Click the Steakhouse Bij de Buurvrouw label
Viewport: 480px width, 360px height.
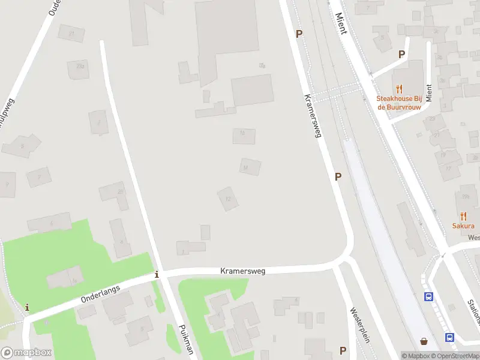(x=399, y=103)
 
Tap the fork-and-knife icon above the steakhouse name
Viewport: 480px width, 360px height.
(x=400, y=89)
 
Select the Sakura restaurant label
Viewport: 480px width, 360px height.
(x=463, y=226)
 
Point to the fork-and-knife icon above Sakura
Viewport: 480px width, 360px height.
(x=463, y=215)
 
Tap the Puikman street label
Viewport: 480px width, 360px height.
(x=187, y=340)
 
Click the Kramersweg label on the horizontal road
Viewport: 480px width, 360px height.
(x=242, y=271)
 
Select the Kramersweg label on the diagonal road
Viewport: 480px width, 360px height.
(x=313, y=116)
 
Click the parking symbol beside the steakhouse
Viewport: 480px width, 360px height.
(x=402, y=54)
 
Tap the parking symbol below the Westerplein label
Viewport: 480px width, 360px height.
(x=343, y=350)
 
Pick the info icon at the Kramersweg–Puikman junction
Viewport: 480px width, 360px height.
(x=157, y=275)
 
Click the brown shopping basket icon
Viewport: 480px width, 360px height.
(x=424, y=341)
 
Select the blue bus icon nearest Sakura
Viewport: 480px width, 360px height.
(x=429, y=296)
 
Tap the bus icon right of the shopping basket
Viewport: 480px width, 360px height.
(x=449, y=337)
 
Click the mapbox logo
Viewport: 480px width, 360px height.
(x=26, y=353)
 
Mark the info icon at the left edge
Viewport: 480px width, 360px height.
(x=27, y=308)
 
